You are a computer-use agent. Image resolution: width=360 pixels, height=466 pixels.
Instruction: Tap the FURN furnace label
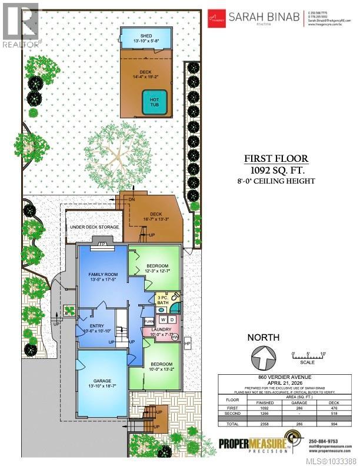coord(149,321)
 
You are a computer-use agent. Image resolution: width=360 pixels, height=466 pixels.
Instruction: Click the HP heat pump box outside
coord(188,342)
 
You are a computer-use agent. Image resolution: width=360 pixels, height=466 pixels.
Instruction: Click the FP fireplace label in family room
coord(102,244)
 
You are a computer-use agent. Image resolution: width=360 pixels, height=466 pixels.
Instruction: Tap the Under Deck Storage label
coord(95,227)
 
